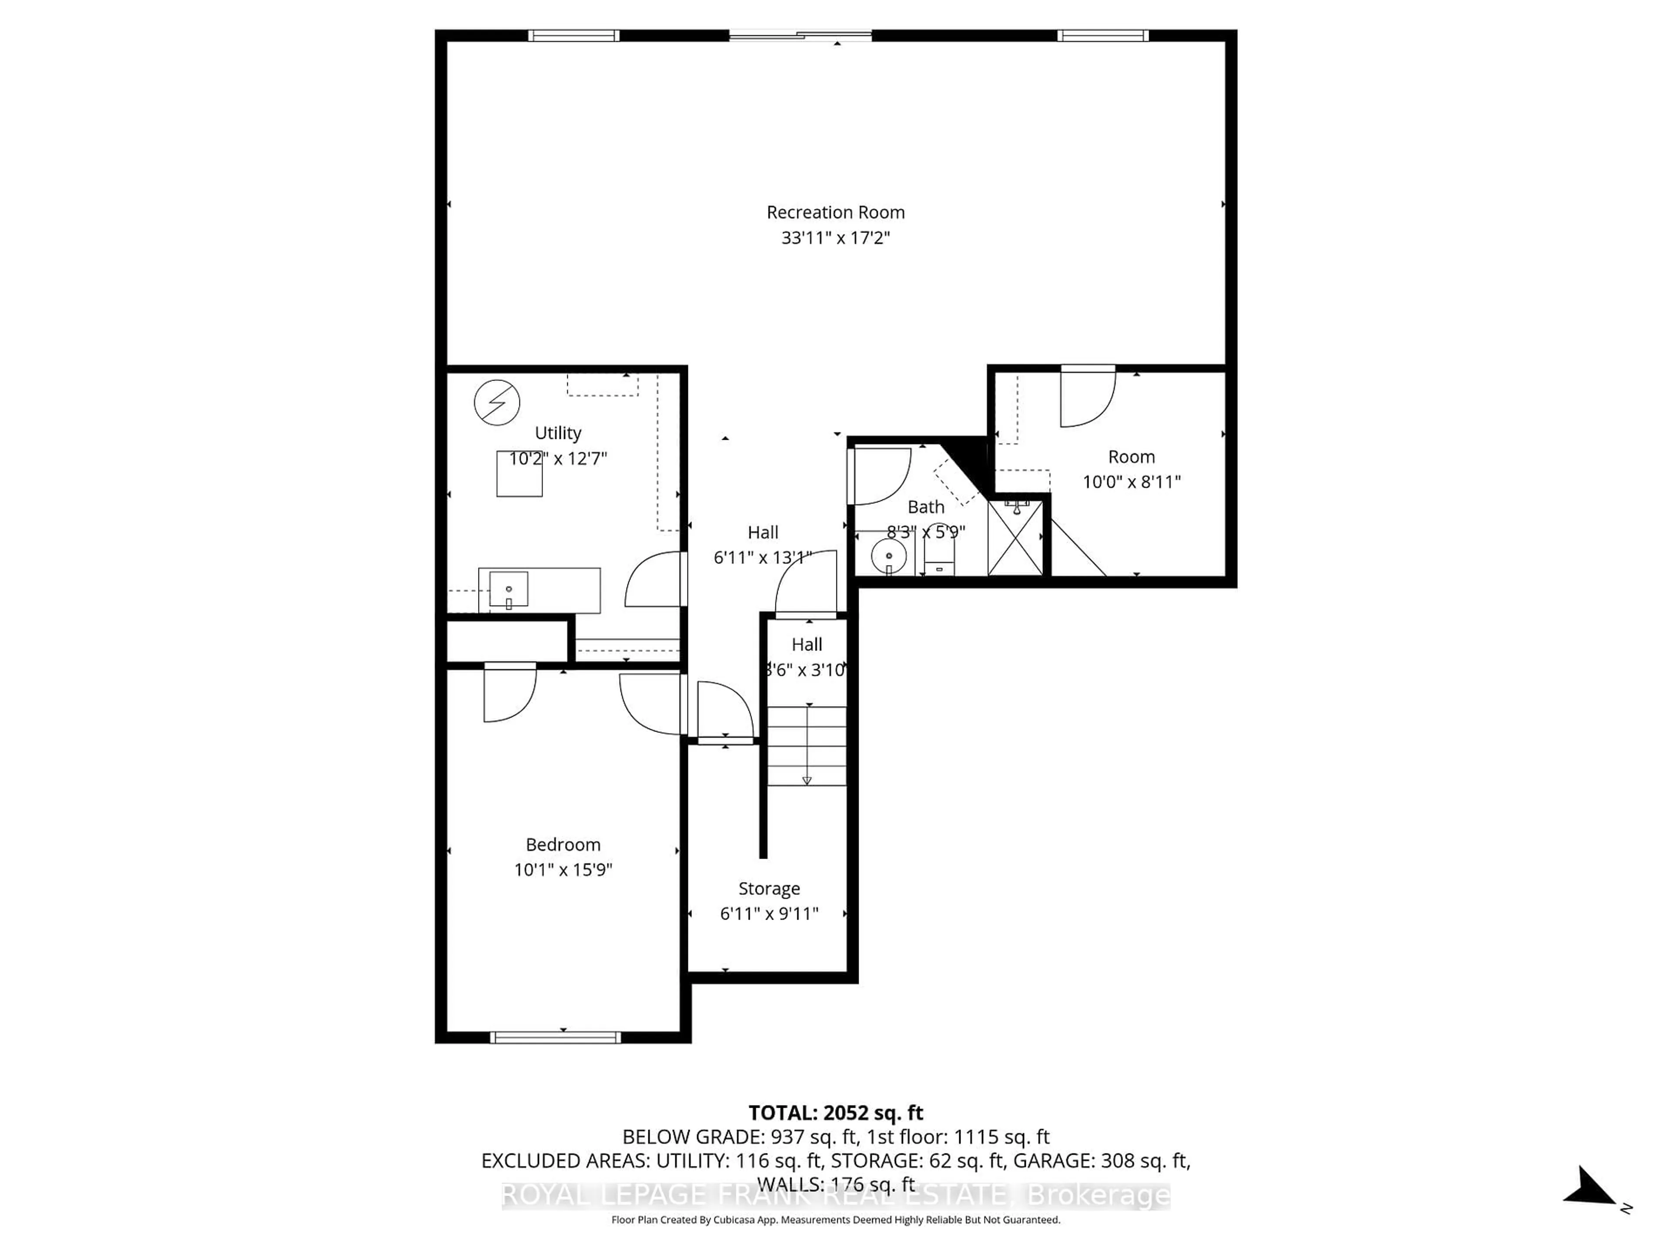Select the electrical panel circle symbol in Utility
497,402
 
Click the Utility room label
558,433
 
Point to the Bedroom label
563,844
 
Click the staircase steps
806,745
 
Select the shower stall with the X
1015,537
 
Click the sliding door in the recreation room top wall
800,35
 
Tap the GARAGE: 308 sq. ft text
1101,1160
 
